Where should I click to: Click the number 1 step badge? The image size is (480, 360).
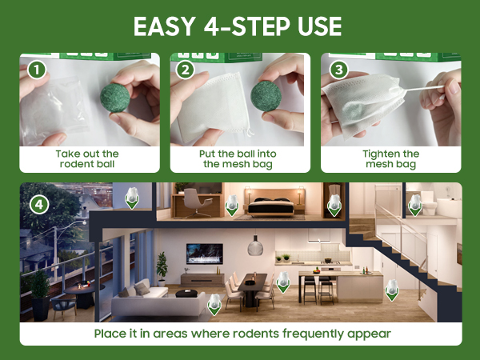pos(37,70)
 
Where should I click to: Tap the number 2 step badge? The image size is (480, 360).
pos(186,70)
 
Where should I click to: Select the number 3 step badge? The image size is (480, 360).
pos(338,70)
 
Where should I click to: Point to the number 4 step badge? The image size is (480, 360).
pos(39,205)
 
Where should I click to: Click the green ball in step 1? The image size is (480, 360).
pos(115,98)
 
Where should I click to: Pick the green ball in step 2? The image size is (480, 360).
pos(266,96)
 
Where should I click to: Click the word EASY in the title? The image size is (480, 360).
pos(165,26)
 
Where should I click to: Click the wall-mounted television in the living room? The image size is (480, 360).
pos(205,254)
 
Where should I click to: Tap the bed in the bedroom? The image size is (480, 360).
pos(270,206)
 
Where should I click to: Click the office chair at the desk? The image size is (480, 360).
pos(196,202)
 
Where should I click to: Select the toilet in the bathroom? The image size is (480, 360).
pos(429,202)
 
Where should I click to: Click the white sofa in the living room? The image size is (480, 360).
pos(158,302)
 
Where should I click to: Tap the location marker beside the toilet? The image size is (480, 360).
pos(415,205)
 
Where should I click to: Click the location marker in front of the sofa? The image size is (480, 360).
pos(214,304)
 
